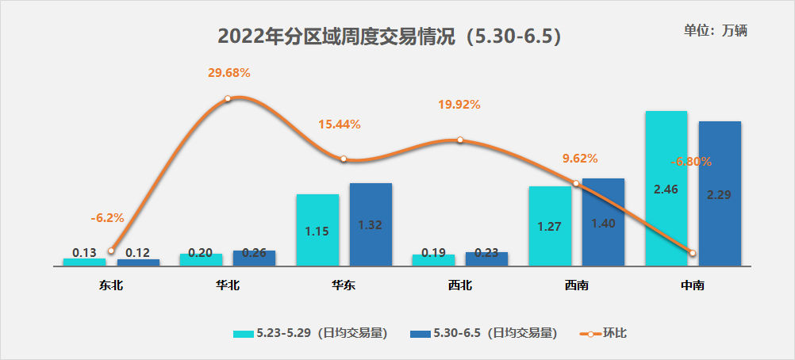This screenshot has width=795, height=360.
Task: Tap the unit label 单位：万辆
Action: [716, 31]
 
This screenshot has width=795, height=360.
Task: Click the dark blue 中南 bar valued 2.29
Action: [720, 193]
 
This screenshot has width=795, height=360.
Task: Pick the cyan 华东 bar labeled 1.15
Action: [317, 230]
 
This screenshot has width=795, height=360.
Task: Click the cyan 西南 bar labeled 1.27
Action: [550, 226]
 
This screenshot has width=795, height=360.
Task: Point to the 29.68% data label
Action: [229, 73]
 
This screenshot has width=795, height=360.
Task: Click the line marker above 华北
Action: [228, 98]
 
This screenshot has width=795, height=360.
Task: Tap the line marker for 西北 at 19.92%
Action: [459, 140]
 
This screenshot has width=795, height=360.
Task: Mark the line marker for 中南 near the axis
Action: [693, 253]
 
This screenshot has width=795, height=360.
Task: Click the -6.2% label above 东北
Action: [107, 217]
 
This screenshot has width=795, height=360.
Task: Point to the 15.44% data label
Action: [340, 124]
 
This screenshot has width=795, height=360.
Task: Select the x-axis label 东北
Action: [111, 285]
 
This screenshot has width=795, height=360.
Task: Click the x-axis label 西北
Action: [460, 285]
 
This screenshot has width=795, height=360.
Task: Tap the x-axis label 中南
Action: [693, 285]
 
